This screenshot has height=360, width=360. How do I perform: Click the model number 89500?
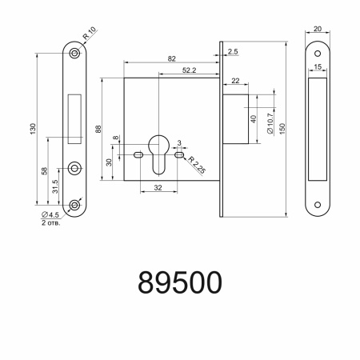point(179,282)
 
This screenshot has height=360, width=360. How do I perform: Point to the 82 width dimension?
point(172,60)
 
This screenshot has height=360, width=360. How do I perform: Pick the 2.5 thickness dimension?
point(233,52)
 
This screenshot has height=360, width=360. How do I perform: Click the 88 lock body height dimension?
point(99,130)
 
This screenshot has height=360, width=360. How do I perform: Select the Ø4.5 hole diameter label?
point(50,214)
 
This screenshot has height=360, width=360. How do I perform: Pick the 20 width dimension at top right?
point(318,29)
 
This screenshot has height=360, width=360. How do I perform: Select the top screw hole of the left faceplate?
point(74,52)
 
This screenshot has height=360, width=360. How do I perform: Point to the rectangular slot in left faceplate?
point(75,116)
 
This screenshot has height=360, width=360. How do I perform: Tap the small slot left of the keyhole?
point(139,154)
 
